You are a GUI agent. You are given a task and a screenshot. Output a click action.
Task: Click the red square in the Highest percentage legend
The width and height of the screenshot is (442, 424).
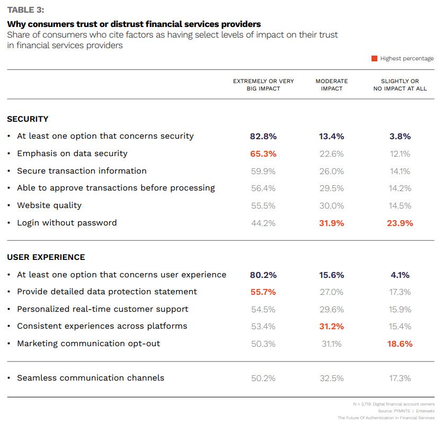374,59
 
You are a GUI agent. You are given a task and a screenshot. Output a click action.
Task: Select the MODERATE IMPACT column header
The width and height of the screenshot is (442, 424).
332,85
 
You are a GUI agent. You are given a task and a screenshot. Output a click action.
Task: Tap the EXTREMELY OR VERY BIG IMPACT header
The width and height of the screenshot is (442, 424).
263,85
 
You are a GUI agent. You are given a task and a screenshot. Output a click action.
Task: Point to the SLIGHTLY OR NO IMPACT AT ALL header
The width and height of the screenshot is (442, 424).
400,85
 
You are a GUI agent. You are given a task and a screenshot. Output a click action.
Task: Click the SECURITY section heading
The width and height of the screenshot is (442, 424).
28,119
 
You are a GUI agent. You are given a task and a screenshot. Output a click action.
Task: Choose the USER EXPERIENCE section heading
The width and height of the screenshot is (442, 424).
46,257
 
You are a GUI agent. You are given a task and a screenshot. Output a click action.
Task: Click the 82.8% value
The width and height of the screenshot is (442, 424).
263,136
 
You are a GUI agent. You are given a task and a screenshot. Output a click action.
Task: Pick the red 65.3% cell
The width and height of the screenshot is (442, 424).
263,154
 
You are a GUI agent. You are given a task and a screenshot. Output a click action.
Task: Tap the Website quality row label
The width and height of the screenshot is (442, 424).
49,205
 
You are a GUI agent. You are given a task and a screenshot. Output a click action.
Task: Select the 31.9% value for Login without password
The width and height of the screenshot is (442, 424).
332,223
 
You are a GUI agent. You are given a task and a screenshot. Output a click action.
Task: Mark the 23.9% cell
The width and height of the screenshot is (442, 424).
400,223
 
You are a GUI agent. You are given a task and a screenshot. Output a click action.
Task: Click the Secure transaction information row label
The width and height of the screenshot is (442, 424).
82,171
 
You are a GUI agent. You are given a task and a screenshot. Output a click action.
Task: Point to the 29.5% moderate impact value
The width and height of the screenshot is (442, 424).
332,188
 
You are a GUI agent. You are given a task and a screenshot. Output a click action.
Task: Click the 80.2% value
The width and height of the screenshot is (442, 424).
263,275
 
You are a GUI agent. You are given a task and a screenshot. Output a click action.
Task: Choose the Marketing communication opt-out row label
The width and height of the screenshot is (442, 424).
89,344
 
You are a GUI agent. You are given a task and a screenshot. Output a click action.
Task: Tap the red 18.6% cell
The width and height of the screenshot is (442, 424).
400,344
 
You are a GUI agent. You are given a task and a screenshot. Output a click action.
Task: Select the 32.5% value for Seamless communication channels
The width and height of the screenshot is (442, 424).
332,378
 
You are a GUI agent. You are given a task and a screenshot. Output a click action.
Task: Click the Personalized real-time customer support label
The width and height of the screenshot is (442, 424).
102,309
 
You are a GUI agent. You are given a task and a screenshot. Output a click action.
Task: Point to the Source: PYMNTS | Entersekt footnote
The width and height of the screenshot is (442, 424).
408,411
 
